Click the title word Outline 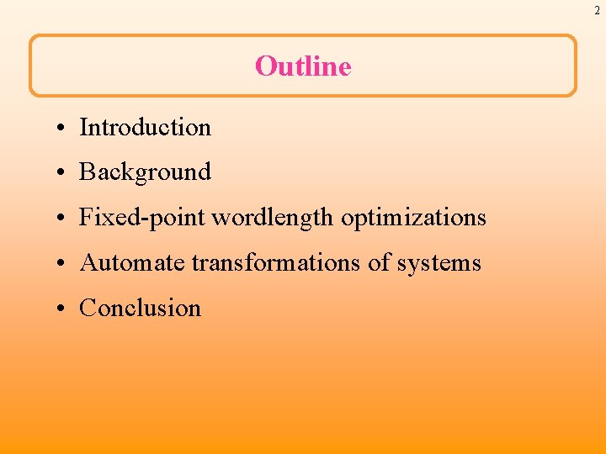(x=303, y=66)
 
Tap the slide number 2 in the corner (x=596, y=10)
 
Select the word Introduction (x=145, y=127)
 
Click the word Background (x=145, y=172)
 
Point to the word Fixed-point (x=142, y=218)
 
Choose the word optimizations (x=413, y=218)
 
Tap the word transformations (x=276, y=262)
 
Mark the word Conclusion (x=140, y=308)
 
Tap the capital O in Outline (x=266, y=66)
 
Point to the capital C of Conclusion (x=87, y=308)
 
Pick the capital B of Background (x=87, y=172)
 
